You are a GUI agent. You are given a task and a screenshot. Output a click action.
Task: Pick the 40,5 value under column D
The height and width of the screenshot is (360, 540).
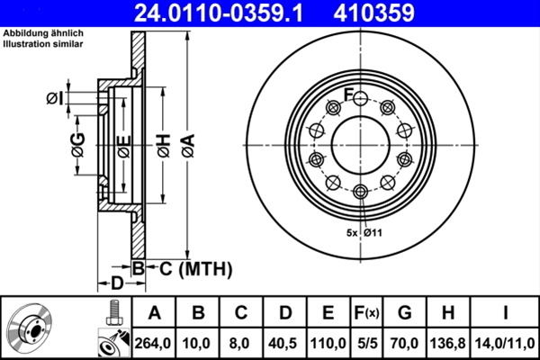285,343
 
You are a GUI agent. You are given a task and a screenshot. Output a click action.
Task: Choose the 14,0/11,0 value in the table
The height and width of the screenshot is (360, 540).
507,343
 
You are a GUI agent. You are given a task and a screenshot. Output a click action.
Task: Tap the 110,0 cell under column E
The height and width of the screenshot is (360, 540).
328,343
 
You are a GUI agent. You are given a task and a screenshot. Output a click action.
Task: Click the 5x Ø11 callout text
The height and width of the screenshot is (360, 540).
364,233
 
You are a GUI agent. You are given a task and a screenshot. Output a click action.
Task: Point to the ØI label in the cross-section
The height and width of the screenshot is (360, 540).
55,98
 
